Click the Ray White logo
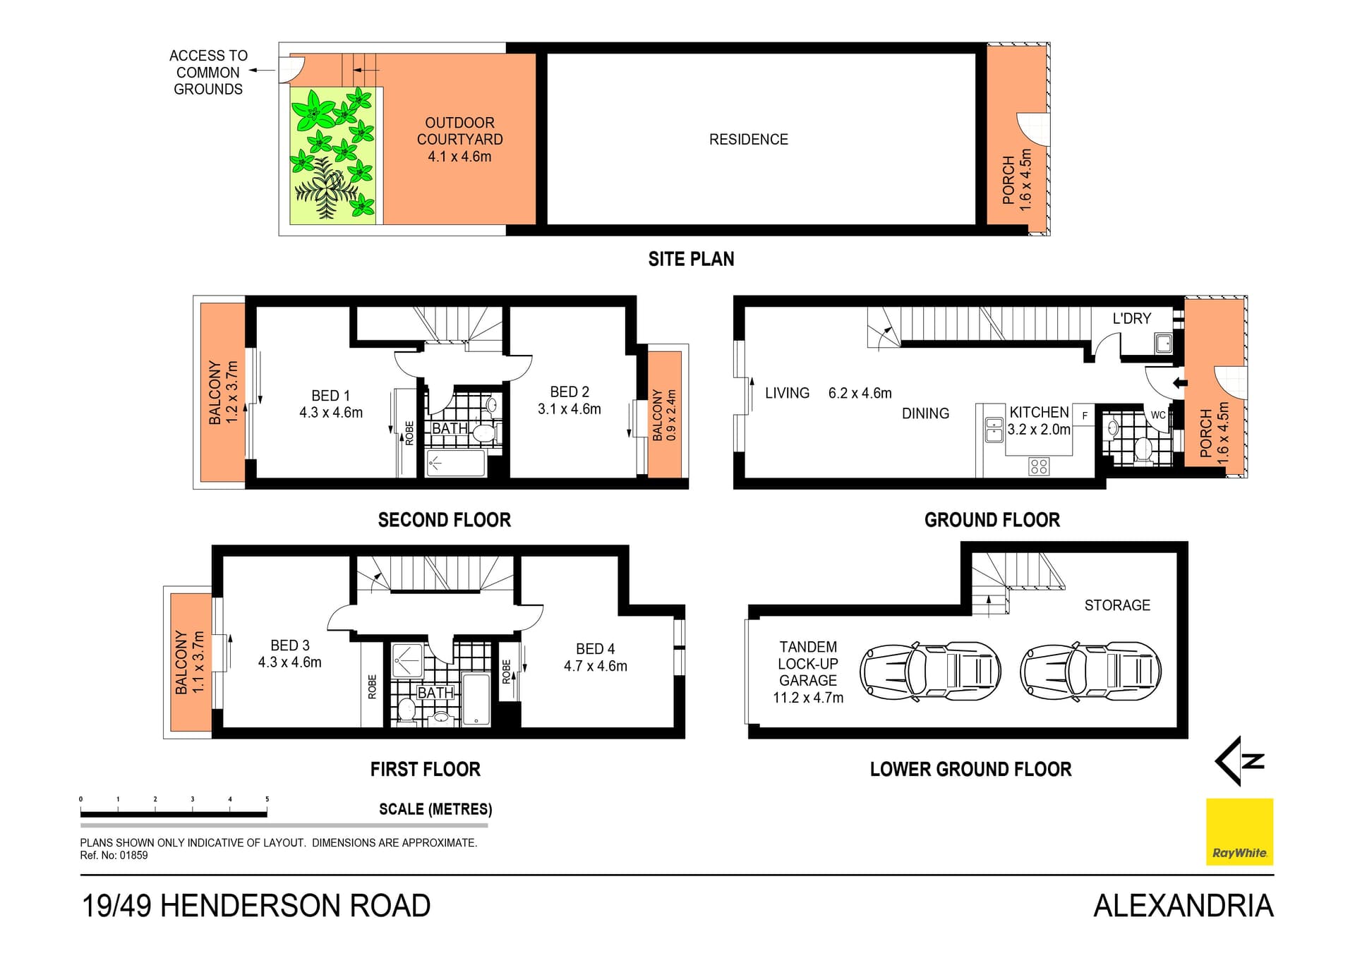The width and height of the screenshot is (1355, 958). click(x=1239, y=832)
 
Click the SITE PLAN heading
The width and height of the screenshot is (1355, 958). click(x=691, y=260)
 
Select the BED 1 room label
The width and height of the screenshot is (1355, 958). click(x=330, y=396)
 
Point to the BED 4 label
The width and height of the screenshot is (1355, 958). click(x=595, y=649)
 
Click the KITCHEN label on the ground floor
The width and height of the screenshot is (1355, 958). click(x=1039, y=413)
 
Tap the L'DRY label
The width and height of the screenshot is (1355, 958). click(x=1131, y=319)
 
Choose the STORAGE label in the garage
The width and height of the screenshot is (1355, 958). click(x=1117, y=605)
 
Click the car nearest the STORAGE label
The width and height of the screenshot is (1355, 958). click(x=1090, y=671)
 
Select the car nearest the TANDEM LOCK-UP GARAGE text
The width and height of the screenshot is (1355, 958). click(x=930, y=671)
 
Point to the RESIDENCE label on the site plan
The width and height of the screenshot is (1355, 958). click(x=749, y=140)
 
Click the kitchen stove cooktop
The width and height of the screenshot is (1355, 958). click(x=1038, y=466)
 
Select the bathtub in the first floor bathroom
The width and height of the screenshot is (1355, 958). click(x=476, y=699)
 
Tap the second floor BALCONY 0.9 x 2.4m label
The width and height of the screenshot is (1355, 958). click(x=664, y=416)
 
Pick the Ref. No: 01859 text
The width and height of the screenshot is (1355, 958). click(x=114, y=856)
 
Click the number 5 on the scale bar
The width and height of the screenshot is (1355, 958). click(x=267, y=799)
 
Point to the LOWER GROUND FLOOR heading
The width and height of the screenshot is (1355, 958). click(x=970, y=770)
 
